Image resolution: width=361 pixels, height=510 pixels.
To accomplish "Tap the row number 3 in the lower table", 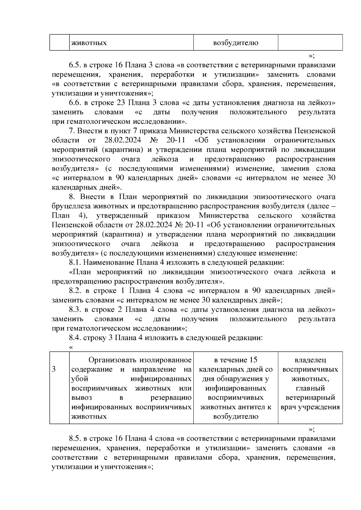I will click(x=54, y=369).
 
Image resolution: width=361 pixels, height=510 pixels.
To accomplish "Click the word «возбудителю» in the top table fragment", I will click(x=236, y=43).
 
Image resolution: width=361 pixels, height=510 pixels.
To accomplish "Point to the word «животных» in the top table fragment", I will click(x=89, y=43).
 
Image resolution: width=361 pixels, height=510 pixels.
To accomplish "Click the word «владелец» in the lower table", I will click(x=310, y=360).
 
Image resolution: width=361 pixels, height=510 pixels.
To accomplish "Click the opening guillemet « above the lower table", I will click(x=71, y=347).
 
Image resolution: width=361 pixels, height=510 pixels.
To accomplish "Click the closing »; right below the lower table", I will click(x=311, y=429).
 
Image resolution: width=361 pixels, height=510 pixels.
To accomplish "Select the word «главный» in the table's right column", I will click(x=310, y=388).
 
